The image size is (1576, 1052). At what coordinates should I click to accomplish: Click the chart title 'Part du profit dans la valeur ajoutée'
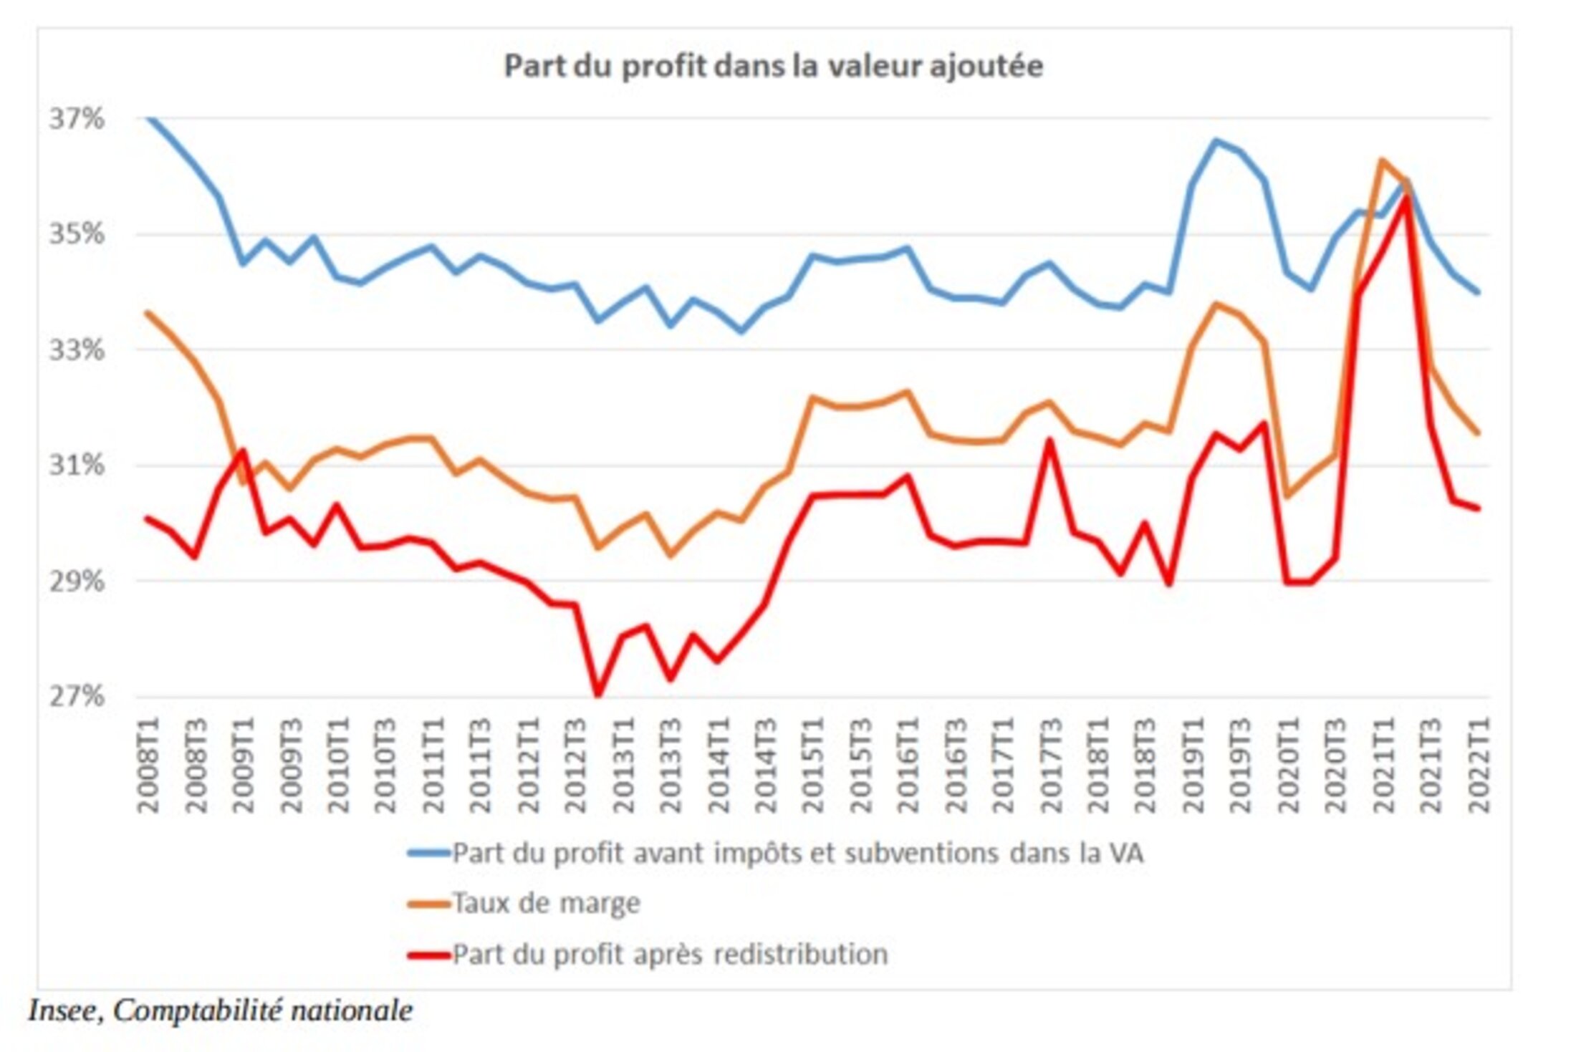(773, 66)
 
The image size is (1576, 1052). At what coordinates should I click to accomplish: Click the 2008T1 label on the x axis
(148, 765)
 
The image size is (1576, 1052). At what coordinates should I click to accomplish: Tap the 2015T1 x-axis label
(812, 765)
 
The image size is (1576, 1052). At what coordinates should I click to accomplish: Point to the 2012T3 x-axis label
(575, 765)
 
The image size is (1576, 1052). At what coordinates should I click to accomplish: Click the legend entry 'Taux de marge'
(546, 903)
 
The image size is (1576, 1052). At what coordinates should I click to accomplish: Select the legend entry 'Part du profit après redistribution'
(670, 955)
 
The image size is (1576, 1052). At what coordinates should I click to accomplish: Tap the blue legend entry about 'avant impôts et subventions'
(797, 853)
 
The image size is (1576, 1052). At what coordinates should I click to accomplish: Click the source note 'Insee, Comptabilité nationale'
(221, 1010)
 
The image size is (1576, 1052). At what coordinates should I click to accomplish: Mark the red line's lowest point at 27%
(597, 694)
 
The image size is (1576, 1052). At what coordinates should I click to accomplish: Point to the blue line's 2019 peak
(1216, 140)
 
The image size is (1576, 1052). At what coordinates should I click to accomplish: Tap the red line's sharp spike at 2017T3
(1050, 440)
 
